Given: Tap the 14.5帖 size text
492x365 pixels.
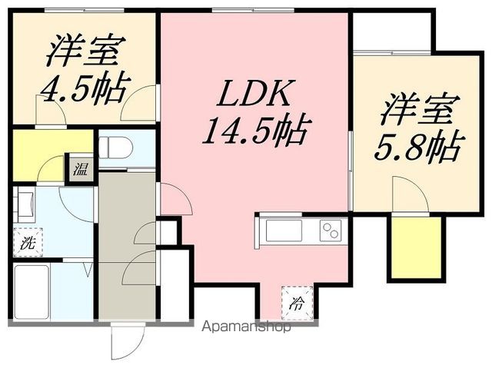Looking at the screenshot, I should pyautogui.click(x=254, y=131).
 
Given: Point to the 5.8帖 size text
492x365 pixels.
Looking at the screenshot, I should pyautogui.click(x=418, y=145).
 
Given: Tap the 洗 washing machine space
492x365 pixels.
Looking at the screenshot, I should pyautogui.click(x=27, y=244).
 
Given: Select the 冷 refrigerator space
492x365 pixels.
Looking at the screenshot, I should pyautogui.click(x=296, y=301).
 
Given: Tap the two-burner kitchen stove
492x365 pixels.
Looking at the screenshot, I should pyautogui.click(x=331, y=230).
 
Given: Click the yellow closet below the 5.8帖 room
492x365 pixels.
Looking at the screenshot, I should pyautogui.click(x=417, y=247).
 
